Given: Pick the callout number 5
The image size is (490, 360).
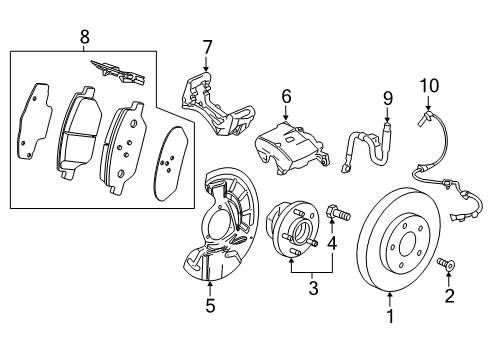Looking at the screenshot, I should coord(210,306).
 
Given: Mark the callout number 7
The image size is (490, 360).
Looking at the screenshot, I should coord(207,47).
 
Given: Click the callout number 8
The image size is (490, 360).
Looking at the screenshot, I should coord(83,37).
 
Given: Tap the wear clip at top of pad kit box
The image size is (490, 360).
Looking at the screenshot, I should coord(117,71).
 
